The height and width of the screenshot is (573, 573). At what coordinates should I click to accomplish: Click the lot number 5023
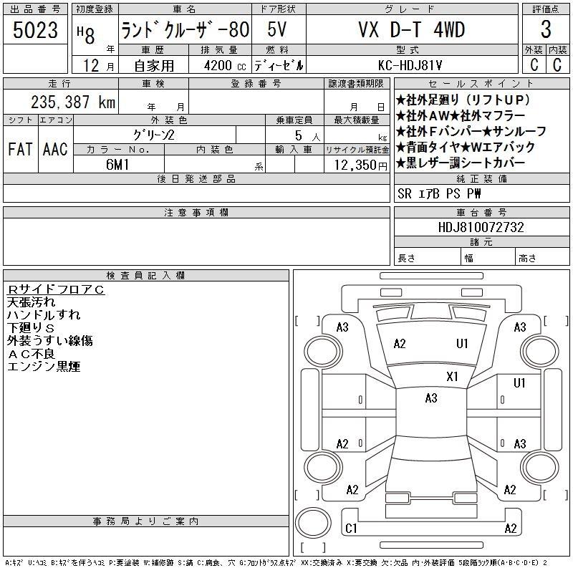point(35,30)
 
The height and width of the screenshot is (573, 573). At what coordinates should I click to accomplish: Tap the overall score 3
point(546,29)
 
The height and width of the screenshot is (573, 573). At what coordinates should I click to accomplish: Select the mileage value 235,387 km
point(73,102)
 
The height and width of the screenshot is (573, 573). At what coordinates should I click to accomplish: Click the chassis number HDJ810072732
point(481,227)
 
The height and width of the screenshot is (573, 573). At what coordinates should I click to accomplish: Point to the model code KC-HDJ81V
point(410,65)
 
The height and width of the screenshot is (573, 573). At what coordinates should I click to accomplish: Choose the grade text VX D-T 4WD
point(411,30)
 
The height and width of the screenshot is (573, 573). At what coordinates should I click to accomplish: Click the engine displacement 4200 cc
point(225,66)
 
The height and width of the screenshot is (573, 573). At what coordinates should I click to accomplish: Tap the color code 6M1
point(117,165)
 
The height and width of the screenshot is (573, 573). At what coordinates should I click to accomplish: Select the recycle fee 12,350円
point(361,165)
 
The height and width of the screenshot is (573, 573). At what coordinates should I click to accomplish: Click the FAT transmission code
point(21,149)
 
